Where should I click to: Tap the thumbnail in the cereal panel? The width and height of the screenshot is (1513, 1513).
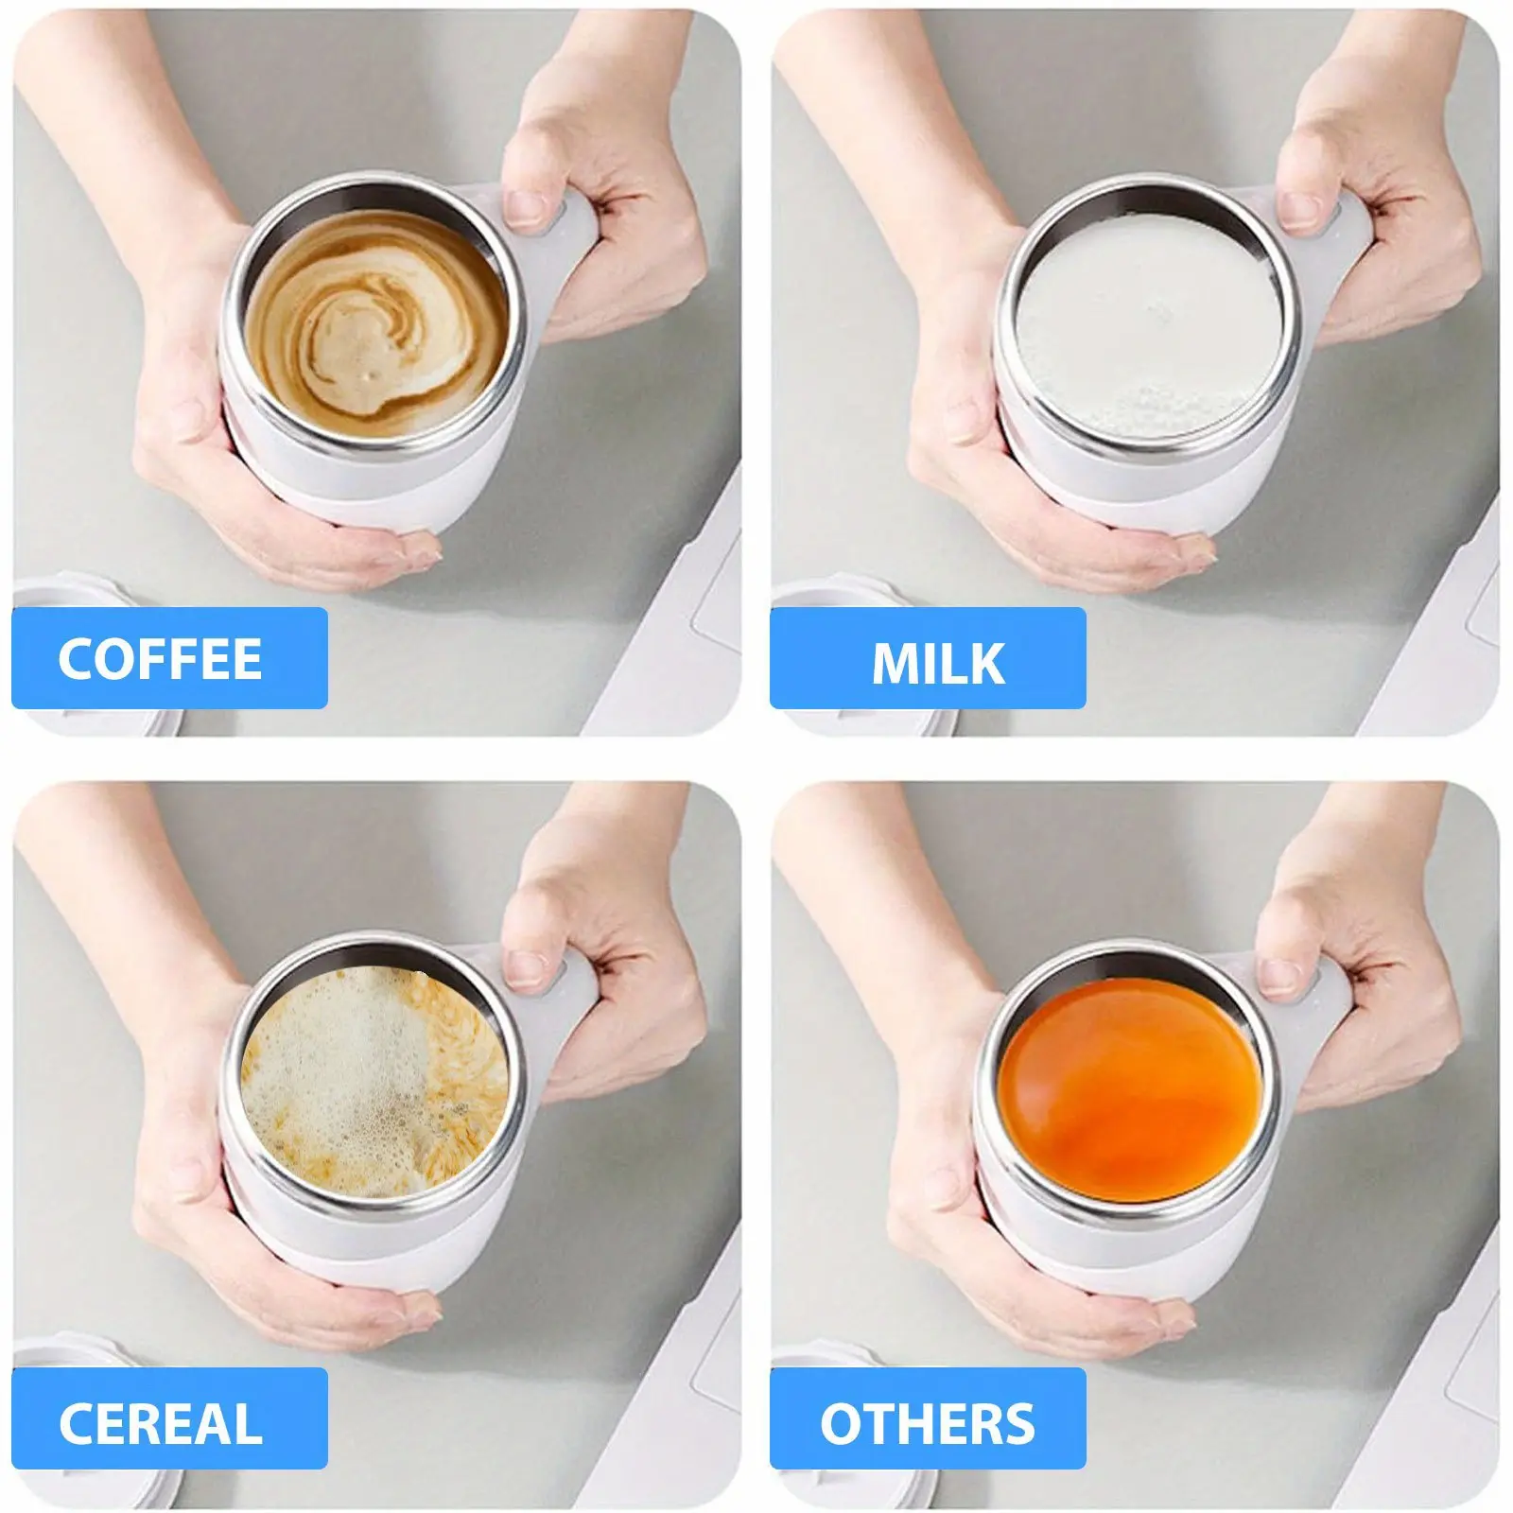point(528,968)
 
